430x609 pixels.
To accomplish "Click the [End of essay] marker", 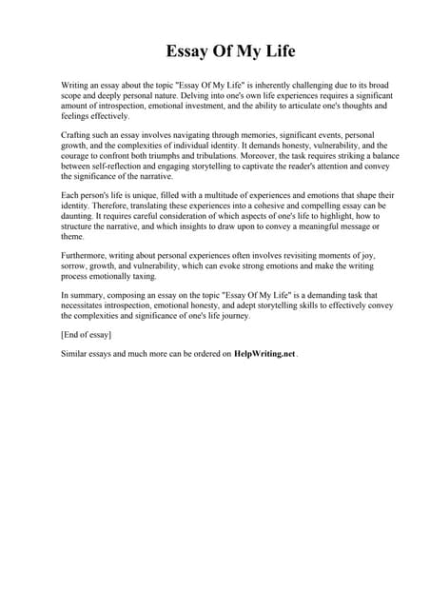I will pyautogui.click(x=86, y=334).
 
